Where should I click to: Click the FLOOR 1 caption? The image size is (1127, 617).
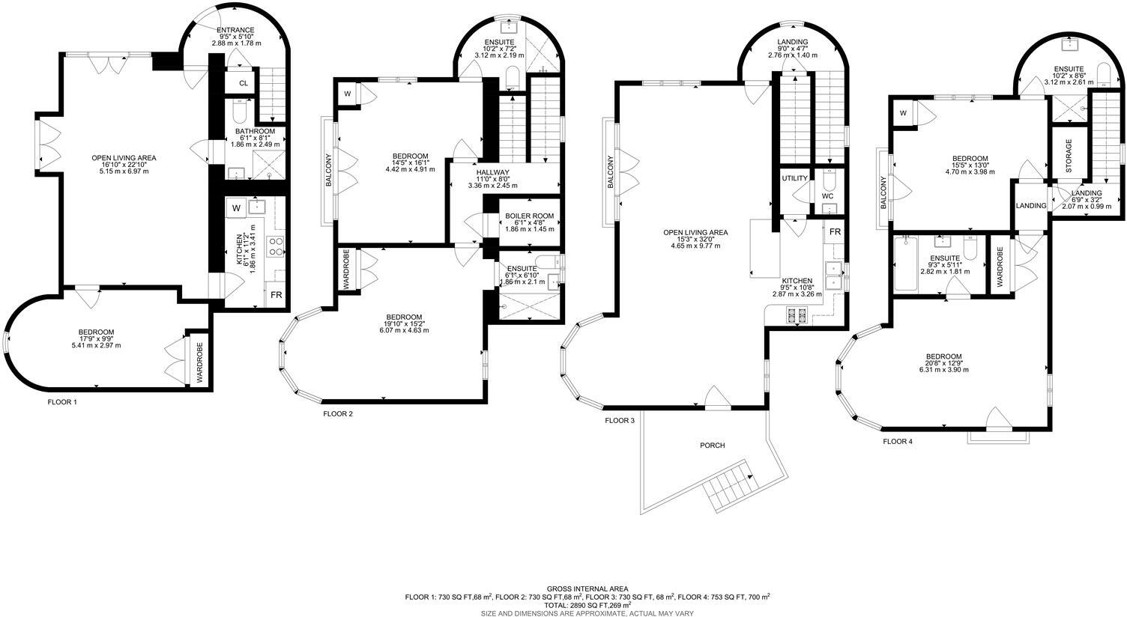[62, 402]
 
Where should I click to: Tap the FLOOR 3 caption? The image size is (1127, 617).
[620, 421]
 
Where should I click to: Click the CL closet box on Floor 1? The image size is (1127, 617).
[244, 83]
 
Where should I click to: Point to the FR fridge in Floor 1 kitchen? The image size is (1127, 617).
[276, 296]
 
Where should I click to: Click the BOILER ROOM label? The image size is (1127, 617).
[529, 216]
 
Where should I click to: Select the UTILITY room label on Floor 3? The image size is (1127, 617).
[794, 179]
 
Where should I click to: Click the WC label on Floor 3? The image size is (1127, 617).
[827, 196]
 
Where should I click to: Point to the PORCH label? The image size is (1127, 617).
[712, 446]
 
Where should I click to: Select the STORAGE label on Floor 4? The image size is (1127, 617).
[1069, 153]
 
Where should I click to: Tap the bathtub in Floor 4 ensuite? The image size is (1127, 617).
[906, 264]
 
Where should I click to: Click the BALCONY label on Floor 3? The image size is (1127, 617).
[611, 171]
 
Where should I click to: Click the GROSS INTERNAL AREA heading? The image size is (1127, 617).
[587, 589]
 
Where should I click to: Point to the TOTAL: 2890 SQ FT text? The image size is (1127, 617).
[587, 604]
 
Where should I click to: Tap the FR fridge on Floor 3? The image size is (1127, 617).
[834, 232]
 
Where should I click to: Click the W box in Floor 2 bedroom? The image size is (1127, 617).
[347, 94]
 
